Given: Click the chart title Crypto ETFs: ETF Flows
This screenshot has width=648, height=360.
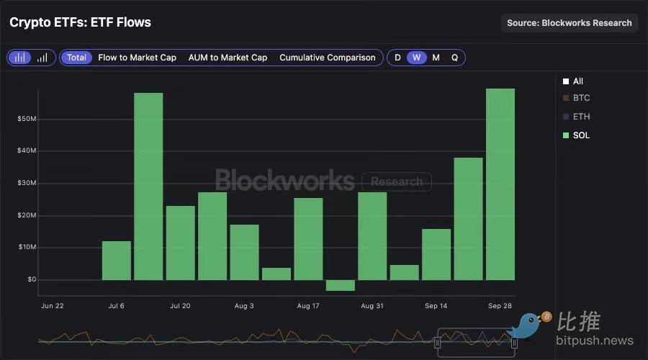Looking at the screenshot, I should [x=80, y=22].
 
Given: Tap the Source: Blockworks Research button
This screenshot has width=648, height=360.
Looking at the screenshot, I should [x=569, y=23].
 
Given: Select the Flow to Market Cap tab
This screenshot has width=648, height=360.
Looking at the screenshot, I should [x=137, y=58].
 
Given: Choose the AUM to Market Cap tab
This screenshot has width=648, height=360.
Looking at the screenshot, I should [x=228, y=58].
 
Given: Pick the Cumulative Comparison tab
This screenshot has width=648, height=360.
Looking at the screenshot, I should [x=328, y=58].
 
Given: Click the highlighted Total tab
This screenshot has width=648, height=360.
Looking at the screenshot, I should [x=76, y=58].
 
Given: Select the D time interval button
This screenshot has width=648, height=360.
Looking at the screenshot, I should [x=397, y=58].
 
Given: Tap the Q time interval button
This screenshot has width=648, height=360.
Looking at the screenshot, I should [x=454, y=58].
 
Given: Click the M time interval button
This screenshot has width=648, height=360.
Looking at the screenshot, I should [x=436, y=58].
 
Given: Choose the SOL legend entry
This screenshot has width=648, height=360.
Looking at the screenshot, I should [x=580, y=135].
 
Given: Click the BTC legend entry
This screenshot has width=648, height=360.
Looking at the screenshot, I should [x=580, y=98].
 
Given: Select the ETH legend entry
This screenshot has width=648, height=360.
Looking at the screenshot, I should [x=580, y=117].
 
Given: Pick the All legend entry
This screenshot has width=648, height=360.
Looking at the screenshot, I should [x=577, y=82].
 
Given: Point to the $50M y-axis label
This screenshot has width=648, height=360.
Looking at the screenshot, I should [x=27, y=119].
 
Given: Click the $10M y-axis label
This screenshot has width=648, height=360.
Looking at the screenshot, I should [x=27, y=248].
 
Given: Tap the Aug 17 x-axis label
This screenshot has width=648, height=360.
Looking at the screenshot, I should [x=308, y=306].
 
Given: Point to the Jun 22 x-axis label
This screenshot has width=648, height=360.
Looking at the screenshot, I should [x=53, y=306].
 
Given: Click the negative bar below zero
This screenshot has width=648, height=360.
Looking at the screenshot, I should [x=340, y=285].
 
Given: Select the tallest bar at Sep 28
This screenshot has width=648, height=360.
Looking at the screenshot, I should [x=500, y=184].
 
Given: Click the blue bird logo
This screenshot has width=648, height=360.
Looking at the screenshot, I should [x=529, y=325].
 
